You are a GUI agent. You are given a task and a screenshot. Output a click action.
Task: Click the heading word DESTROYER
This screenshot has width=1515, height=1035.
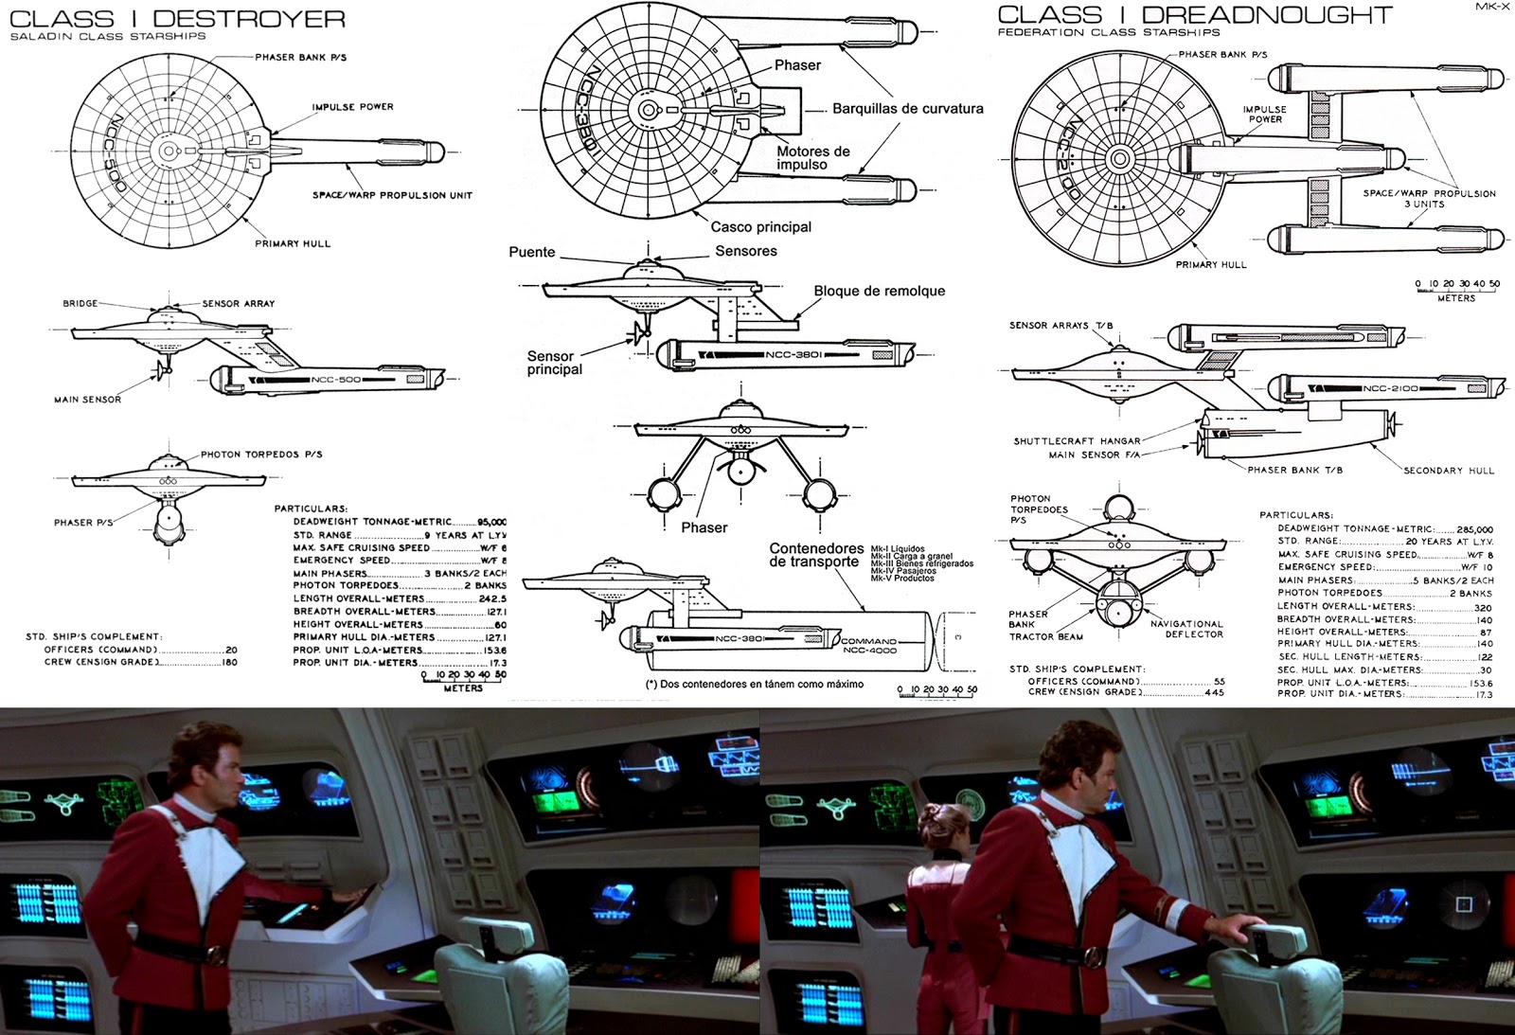pyautogui.click(x=249, y=18)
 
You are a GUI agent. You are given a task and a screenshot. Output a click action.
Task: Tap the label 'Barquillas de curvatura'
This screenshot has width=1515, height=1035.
pyautogui.click(x=907, y=109)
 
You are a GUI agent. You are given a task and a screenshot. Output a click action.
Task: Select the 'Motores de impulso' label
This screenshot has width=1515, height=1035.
pyautogui.click(x=812, y=158)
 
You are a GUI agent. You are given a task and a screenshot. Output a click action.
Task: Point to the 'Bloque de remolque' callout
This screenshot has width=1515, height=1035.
pyautogui.click(x=879, y=291)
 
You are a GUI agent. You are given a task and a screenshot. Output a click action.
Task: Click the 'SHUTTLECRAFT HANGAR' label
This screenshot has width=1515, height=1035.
pyautogui.click(x=1077, y=441)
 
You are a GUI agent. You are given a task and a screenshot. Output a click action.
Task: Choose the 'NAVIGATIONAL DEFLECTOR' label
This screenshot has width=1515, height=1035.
pyautogui.click(x=1186, y=629)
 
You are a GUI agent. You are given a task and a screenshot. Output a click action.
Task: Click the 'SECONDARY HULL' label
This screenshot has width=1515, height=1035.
pyautogui.click(x=1448, y=471)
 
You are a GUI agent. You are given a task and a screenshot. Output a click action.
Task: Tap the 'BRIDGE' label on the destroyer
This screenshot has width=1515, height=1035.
pyautogui.click(x=80, y=304)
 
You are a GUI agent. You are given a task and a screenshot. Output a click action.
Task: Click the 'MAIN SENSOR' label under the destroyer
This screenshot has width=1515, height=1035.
pyautogui.click(x=87, y=400)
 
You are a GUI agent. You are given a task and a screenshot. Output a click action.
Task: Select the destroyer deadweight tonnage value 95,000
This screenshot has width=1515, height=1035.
pyautogui.click(x=491, y=522)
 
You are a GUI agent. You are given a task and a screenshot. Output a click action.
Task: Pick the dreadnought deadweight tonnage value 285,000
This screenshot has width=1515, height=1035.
pyautogui.click(x=1474, y=529)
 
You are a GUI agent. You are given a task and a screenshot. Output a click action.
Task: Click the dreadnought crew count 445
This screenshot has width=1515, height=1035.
pyautogui.click(x=1214, y=692)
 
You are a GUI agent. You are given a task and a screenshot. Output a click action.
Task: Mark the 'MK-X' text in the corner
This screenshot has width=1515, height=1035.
pyautogui.click(x=1492, y=7)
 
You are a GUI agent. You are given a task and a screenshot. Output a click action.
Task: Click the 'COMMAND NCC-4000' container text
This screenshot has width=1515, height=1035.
pyautogui.click(x=868, y=646)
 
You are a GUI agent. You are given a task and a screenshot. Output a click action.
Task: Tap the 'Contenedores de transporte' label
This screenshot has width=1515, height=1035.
pyautogui.click(x=815, y=555)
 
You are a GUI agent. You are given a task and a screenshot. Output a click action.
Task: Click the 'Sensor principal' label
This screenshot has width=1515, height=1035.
pyautogui.click(x=554, y=363)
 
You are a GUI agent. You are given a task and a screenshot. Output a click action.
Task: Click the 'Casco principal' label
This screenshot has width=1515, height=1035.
pyautogui.click(x=760, y=227)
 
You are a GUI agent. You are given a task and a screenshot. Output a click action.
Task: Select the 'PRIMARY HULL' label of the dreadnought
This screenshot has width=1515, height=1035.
pyautogui.click(x=1211, y=265)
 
